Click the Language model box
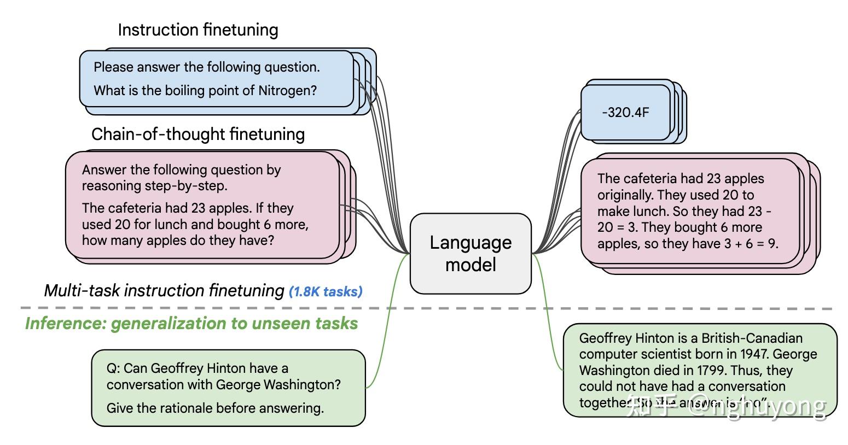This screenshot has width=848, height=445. click(471, 253)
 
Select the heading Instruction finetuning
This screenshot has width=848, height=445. click(198, 30)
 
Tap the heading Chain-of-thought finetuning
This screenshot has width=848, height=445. click(198, 134)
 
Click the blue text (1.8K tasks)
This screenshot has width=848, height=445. click(326, 291)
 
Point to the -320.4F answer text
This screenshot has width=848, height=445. click(625, 113)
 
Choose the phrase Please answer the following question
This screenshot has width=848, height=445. click(206, 67)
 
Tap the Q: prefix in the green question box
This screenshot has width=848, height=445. click(113, 368)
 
